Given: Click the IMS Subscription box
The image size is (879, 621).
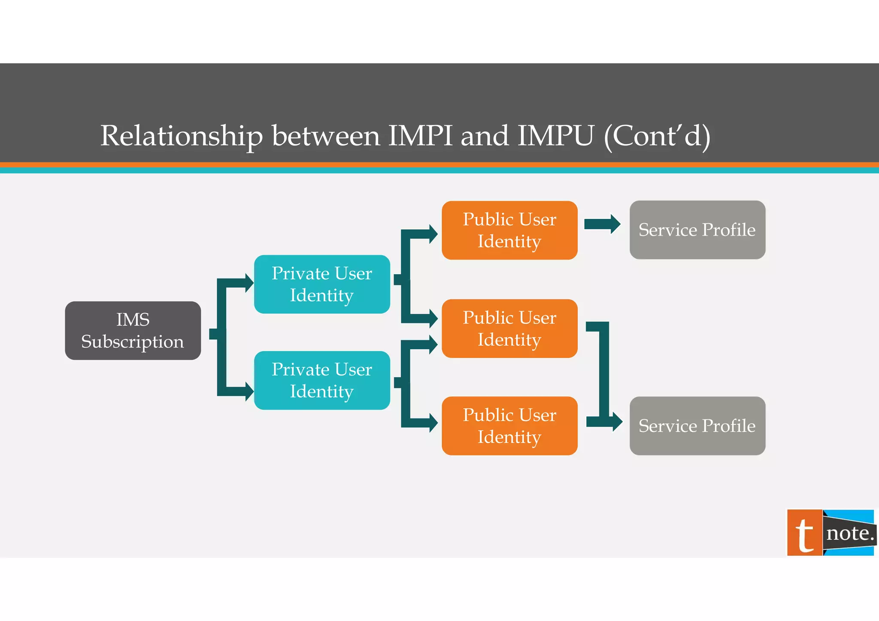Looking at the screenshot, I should [133, 330].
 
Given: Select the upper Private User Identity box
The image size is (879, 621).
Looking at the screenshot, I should [322, 284].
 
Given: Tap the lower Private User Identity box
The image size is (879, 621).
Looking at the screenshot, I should [322, 380].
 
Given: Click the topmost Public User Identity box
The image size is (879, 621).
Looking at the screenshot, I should [509, 230].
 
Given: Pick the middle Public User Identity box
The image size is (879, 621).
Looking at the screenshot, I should [509, 328].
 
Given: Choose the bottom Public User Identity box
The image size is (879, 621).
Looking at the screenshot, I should [509, 426].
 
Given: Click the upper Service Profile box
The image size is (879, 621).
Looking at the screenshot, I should [697, 230].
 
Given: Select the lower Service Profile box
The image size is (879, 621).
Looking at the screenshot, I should [697, 426].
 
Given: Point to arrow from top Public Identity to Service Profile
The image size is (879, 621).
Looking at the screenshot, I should [602, 224].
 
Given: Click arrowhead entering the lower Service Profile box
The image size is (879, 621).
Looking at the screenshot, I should [616, 422].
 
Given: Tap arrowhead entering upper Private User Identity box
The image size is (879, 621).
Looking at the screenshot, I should [249, 283].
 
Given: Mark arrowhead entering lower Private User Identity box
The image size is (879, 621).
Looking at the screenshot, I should [249, 391].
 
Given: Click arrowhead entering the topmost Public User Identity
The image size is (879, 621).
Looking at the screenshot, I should [433, 234].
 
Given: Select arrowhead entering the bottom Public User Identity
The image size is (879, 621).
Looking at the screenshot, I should [433, 423].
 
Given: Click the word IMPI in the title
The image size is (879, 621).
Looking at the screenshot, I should [420, 136].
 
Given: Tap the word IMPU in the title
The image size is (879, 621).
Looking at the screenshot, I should [555, 136].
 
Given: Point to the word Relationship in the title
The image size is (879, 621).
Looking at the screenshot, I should [181, 136].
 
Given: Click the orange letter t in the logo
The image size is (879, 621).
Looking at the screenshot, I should [804, 533].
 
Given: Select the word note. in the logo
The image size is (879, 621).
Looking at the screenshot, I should [850, 533].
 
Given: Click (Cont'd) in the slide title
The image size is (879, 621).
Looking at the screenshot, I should [657, 136].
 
